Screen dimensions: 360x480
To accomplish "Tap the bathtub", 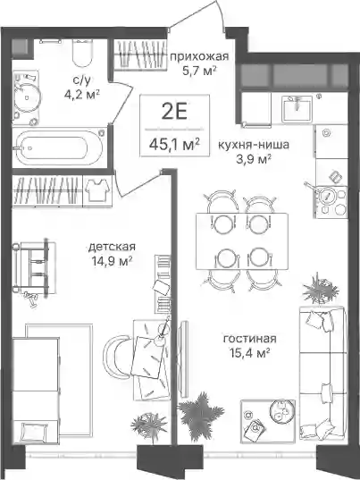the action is (59, 147).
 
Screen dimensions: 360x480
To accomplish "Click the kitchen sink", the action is (297, 108).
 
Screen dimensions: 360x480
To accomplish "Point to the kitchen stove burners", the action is (331, 202).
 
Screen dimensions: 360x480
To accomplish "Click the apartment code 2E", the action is (174, 112).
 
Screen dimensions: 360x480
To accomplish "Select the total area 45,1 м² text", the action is (175, 144).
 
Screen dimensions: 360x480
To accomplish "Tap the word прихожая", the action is (199, 56).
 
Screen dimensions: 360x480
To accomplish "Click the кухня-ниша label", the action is (254, 145).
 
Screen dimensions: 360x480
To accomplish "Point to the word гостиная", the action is (250, 339).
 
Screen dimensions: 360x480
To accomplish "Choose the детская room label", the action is (112, 247).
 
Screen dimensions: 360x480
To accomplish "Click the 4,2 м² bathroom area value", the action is (82, 95).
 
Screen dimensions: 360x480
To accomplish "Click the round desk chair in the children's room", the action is (116, 355).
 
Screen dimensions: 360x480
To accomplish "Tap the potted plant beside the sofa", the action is (320, 290).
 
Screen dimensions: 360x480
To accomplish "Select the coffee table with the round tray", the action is (268, 421).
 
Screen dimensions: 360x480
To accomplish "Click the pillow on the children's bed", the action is (35, 433).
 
